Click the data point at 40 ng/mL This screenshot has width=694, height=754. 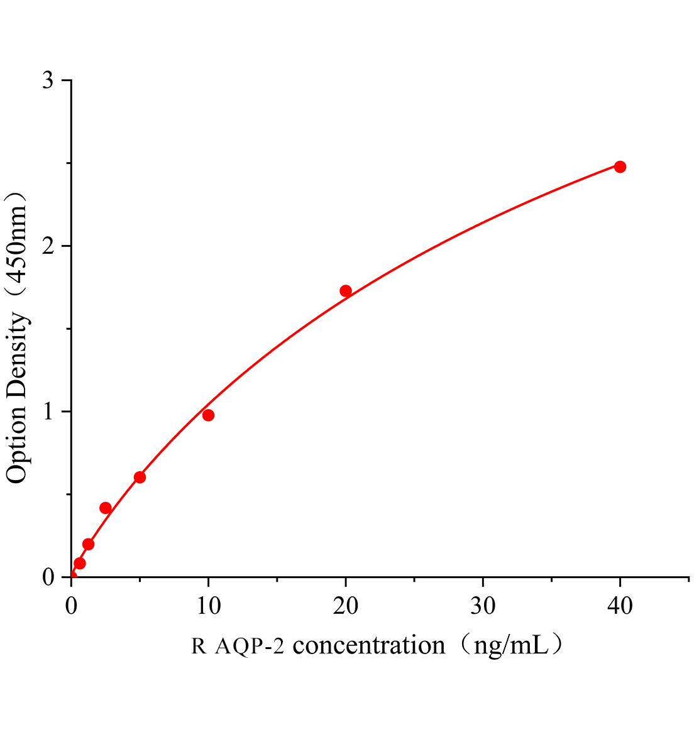[x=620, y=167]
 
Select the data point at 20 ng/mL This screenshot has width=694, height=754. [x=346, y=291]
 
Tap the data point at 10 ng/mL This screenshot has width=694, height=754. [x=208, y=415]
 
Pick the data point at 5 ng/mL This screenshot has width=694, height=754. [x=140, y=478]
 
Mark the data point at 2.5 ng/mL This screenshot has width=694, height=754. [x=106, y=508]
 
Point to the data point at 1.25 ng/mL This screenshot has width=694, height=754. [x=88, y=544]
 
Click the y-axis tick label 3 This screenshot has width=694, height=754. [x=48, y=81]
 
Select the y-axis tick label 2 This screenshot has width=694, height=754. [x=48, y=246]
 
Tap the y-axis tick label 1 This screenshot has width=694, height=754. [x=48, y=412]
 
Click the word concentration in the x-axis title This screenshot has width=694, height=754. [x=370, y=645]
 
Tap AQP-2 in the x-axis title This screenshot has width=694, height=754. [x=249, y=646]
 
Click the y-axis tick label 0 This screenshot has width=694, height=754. [x=48, y=577]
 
